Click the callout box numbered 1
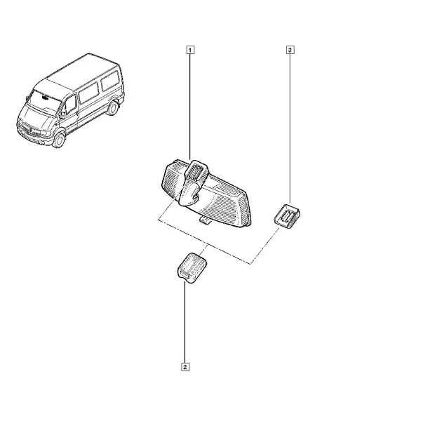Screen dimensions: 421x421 190,50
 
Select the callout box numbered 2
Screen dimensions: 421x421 185,367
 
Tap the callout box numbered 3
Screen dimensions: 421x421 290,50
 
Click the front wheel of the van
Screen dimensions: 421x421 59,140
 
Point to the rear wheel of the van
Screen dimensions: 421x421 112,107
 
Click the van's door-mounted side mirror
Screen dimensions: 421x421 62,115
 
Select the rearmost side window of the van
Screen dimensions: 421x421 109,80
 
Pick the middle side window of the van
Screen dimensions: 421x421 89,93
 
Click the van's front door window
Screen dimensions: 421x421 70,104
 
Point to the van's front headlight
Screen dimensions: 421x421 45,133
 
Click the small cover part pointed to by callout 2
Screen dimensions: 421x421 192,268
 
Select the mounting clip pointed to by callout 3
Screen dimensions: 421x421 287,217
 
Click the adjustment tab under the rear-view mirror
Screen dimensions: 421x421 205,221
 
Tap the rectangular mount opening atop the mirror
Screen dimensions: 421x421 196,172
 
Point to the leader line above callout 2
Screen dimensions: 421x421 185,322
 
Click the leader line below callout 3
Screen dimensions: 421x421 290,129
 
